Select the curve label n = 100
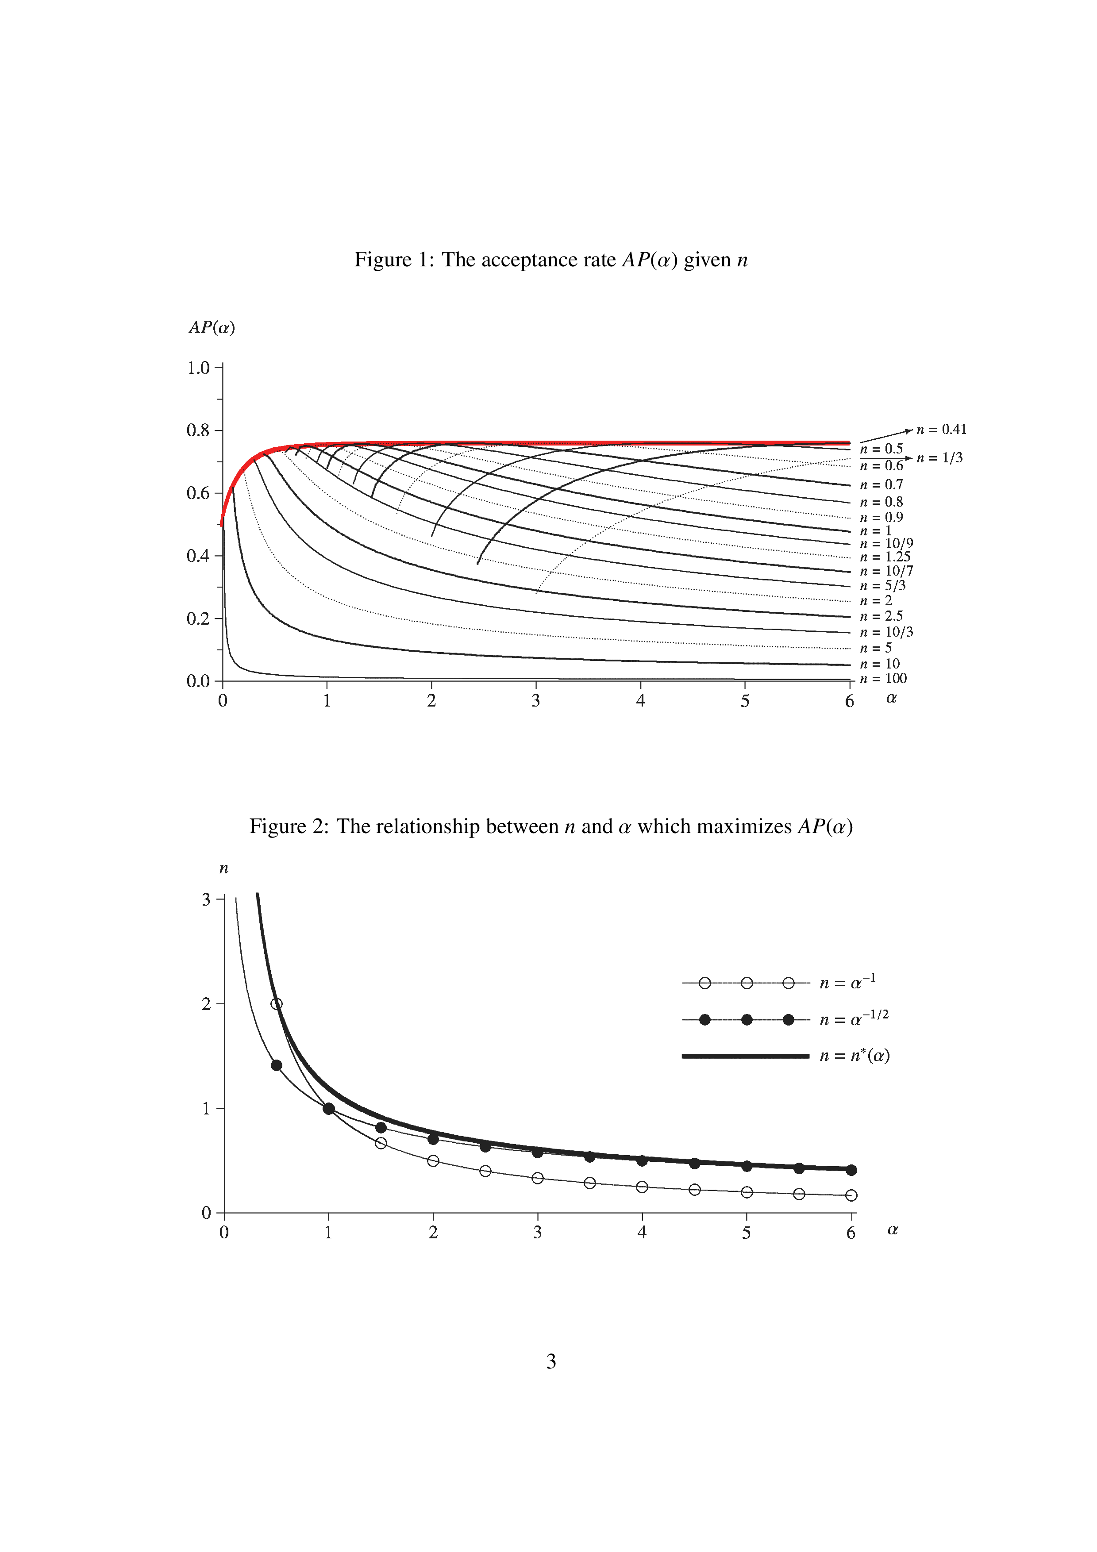(883, 679)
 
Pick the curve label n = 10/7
(885, 571)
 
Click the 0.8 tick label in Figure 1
(198, 430)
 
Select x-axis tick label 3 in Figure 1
(535, 701)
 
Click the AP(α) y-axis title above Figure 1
(212, 328)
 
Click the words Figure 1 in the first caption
(394, 260)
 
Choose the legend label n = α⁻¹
(847, 982)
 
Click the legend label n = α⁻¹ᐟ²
(854, 1019)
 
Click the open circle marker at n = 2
(277, 1004)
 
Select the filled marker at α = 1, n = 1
(328, 1109)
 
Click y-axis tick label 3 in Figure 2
(207, 900)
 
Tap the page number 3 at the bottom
(551, 1361)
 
